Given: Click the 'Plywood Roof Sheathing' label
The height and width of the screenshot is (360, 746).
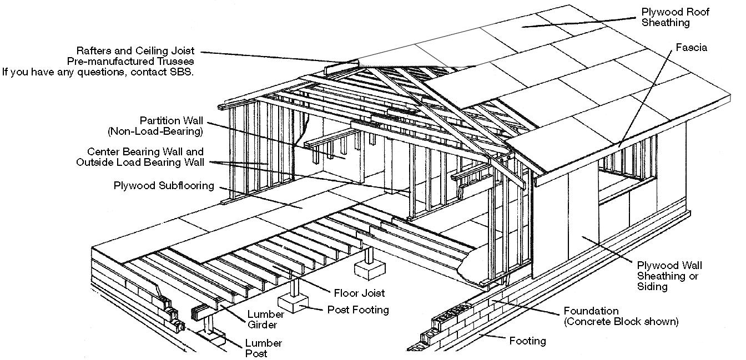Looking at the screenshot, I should [675, 17].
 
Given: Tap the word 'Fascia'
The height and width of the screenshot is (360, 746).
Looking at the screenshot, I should [691, 48].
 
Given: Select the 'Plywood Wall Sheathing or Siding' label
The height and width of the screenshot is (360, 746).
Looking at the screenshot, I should [667, 276].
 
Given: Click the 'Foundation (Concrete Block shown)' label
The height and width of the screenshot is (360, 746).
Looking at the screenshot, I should [621, 316].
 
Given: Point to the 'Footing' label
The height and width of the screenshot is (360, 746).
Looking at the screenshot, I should [527, 341].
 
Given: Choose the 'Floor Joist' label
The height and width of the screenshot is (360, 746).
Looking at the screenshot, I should [359, 293].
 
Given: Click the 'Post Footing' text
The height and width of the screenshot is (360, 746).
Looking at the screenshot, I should [358, 310].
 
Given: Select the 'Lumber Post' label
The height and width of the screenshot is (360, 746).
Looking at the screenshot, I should [263, 348].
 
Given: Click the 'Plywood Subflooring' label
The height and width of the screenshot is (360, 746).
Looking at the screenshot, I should [164, 186].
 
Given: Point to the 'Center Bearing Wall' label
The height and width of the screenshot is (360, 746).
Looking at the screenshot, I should [145, 151].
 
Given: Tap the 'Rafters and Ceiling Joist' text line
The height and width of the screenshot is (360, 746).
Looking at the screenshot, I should [135, 51].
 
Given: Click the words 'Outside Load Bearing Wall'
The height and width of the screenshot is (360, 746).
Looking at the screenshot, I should [139, 162].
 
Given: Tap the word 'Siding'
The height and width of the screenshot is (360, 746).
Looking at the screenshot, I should [652, 286].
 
